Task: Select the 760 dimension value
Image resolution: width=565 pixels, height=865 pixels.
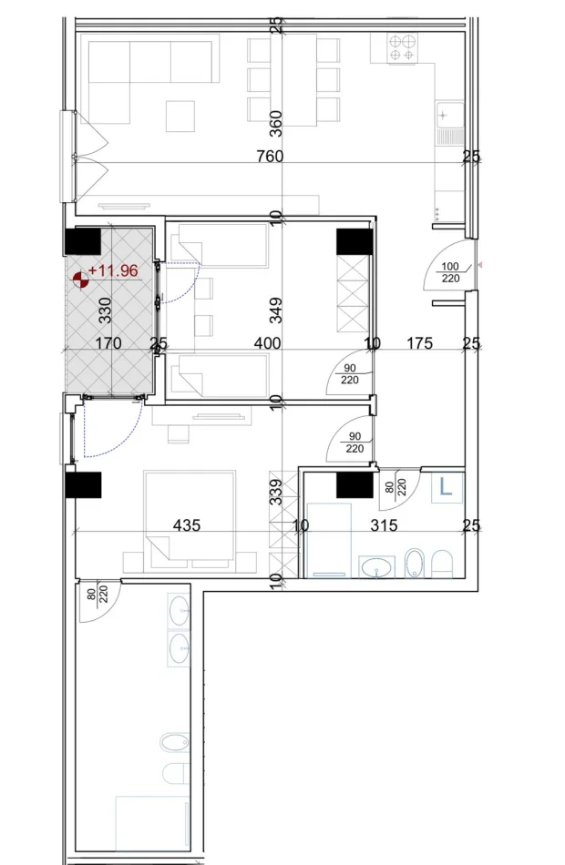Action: (270, 157)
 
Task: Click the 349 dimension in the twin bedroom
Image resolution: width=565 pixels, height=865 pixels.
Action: (277, 310)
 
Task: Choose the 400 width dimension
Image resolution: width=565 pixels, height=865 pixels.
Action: (267, 344)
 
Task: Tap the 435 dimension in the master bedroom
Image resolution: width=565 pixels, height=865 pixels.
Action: (187, 525)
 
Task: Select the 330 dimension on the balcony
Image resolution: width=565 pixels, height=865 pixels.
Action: (105, 310)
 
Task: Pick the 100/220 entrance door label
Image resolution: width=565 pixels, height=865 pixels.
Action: (450, 272)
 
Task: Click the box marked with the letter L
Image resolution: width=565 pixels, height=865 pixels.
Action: (446, 487)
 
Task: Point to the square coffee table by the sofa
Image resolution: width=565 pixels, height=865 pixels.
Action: (180, 117)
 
